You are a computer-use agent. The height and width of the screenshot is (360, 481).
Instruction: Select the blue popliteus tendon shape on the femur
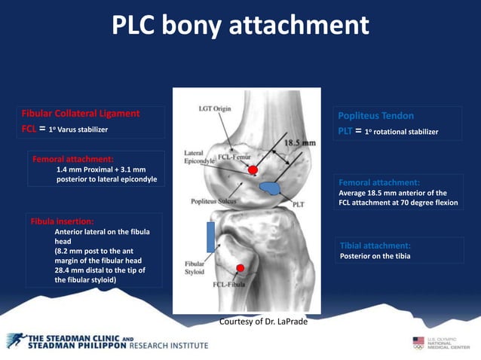(269, 185)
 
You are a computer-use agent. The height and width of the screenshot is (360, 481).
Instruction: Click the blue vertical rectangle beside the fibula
(211, 236)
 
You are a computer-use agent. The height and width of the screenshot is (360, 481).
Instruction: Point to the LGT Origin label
(215, 108)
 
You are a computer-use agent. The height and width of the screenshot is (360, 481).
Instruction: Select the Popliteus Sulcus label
(208, 203)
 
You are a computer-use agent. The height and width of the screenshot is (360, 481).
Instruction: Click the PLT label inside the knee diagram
(298, 203)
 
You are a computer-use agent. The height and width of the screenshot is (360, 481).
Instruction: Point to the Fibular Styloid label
(198, 269)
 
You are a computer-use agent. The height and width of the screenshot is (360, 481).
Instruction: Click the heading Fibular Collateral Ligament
(81, 114)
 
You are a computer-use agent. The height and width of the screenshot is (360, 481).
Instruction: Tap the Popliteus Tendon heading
(376, 116)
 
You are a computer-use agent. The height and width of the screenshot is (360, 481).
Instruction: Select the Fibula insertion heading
(63, 222)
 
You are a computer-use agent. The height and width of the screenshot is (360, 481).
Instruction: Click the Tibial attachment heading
(375, 246)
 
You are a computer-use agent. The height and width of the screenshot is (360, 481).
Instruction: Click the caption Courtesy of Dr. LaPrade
(263, 321)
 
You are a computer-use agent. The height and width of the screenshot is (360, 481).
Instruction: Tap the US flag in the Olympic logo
(418, 342)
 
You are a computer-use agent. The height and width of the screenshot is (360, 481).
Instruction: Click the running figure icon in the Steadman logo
(16, 340)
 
